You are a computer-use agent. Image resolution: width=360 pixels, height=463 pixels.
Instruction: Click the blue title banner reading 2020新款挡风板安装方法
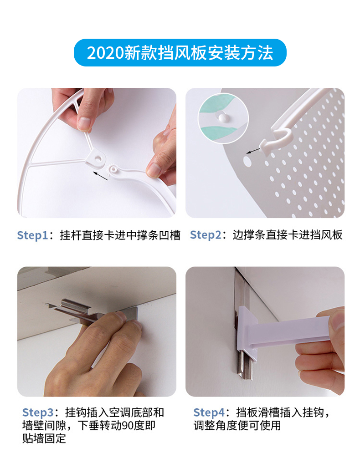[x=180, y=52]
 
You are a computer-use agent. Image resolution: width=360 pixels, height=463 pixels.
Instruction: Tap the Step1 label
[x=32, y=235]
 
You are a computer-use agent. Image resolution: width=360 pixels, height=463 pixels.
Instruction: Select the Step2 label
[x=206, y=235]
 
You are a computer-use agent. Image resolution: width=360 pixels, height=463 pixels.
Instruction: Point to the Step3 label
[x=37, y=412]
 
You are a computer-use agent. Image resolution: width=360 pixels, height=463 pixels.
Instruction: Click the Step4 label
[x=209, y=412]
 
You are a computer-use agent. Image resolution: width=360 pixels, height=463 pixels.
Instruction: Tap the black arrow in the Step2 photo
[x=253, y=151]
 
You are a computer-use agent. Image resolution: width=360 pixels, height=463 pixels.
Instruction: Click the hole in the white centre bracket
[x=99, y=159]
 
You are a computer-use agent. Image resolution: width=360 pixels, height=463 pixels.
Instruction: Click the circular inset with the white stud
[x=223, y=118]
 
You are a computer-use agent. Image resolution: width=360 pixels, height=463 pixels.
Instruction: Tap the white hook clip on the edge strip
[x=275, y=140]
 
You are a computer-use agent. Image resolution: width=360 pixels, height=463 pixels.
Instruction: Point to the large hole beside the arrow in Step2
[x=247, y=161]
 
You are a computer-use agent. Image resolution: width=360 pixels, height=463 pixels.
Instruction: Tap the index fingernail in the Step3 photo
[x=121, y=316]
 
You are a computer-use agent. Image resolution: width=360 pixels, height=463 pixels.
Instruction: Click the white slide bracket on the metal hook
[x=247, y=331]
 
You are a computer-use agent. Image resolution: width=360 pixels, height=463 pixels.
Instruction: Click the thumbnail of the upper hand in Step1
[x=84, y=124]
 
